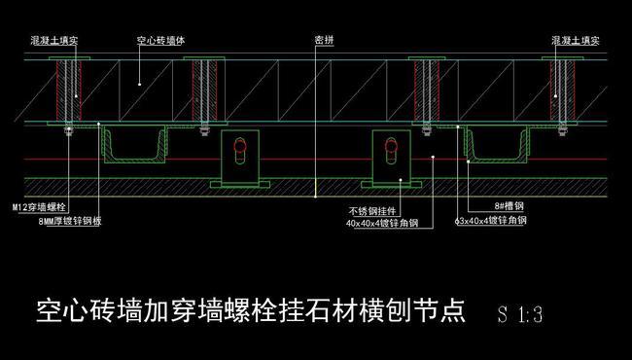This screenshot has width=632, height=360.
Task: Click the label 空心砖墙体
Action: click(160, 41)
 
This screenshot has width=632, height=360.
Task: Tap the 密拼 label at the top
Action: click(324, 41)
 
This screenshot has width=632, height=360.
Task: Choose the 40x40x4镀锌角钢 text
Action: click(382, 223)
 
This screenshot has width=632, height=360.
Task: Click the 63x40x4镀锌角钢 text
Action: click(490, 221)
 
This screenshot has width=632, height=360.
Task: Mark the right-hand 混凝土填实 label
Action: click(575, 41)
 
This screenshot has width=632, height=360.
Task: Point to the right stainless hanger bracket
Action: click(392, 159)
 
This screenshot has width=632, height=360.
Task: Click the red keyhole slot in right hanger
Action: click(392, 151)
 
